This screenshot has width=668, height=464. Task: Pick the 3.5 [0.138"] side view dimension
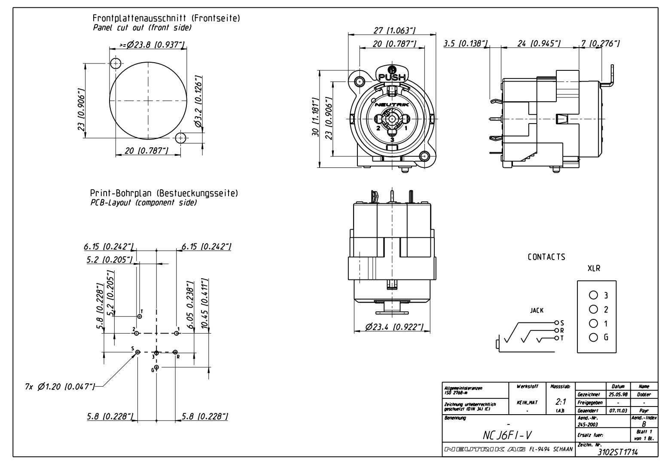point(466,43)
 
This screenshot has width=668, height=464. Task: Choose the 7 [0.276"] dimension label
point(600,43)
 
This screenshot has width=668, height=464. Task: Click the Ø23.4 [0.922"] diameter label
point(394,327)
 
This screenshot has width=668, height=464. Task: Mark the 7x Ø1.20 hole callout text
point(60,387)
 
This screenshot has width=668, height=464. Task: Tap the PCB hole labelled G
point(156,367)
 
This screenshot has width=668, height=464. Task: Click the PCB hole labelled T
point(139,316)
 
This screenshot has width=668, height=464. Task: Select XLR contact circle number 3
point(593,295)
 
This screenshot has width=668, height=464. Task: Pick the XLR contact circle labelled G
point(593,337)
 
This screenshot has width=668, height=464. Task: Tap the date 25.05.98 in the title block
point(617,394)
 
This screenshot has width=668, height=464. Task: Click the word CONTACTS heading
point(546,257)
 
